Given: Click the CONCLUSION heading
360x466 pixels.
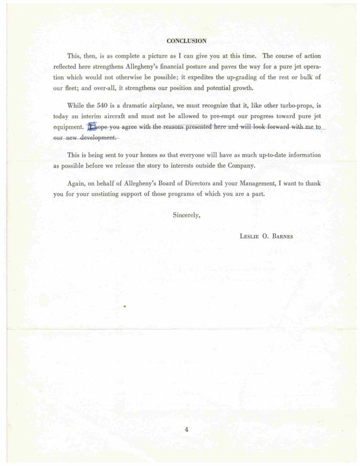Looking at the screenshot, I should (x=186, y=41).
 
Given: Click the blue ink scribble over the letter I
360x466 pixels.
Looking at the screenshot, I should (x=91, y=127).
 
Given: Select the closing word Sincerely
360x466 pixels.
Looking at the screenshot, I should (x=186, y=215).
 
